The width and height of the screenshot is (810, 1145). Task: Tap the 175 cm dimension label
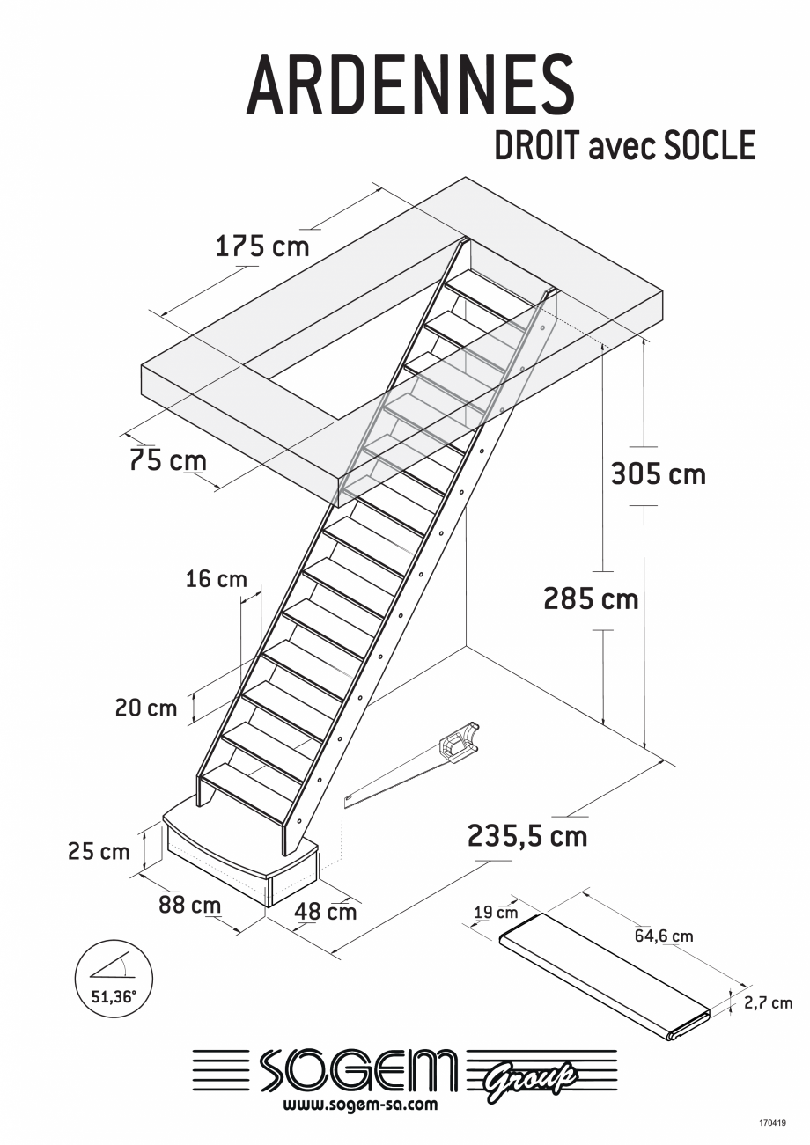[x=262, y=246]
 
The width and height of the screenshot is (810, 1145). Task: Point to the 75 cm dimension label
[x=168, y=460]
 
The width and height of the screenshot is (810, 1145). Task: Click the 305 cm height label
[x=659, y=474]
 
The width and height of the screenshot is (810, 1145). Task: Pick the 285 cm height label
[x=590, y=599]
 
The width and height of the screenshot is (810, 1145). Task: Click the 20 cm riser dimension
[x=145, y=708]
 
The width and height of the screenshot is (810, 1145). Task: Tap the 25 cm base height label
[x=99, y=851]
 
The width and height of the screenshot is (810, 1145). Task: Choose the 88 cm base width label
[x=189, y=904]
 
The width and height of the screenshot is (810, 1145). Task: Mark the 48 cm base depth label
[x=325, y=911]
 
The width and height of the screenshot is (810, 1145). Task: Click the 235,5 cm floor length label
[x=527, y=835]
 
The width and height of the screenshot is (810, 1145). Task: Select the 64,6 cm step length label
[x=664, y=936]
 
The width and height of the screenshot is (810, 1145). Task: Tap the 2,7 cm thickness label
[x=769, y=1002]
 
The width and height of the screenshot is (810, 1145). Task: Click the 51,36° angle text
[x=114, y=997]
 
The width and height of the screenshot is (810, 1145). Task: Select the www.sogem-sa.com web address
[x=360, y=1104]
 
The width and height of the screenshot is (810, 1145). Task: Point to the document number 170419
[x=776, y=1122]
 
